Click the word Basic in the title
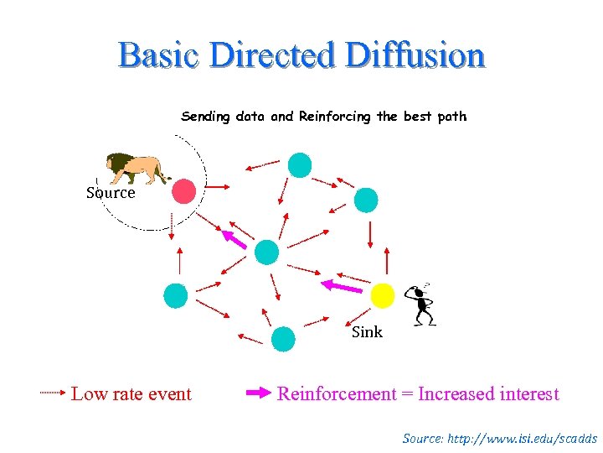pyautogui.click(x=160, y=55)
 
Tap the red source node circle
pyautogui.click(x=184, y=191)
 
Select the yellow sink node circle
pyautogui.click(x=382, y=295)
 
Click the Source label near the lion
pyautogui.click(x=111, y=193)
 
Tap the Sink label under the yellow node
pyautogui.click(x=367, y=332)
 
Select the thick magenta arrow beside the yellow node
pyautogui.click(x=343, y=287)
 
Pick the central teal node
pyautogui.click(x=266, y=252)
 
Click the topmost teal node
pyautogui.click(x=299, y=165)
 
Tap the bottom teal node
pyautogui.click(x=284, y=338)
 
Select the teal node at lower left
pyautogui.click(x=175, y=295)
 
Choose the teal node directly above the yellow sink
pyautogui.click(x=366, y=200)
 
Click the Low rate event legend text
pyautogui.click(x=131, y=394)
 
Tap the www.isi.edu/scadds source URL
pyautogui.click(x=525, y=439)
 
